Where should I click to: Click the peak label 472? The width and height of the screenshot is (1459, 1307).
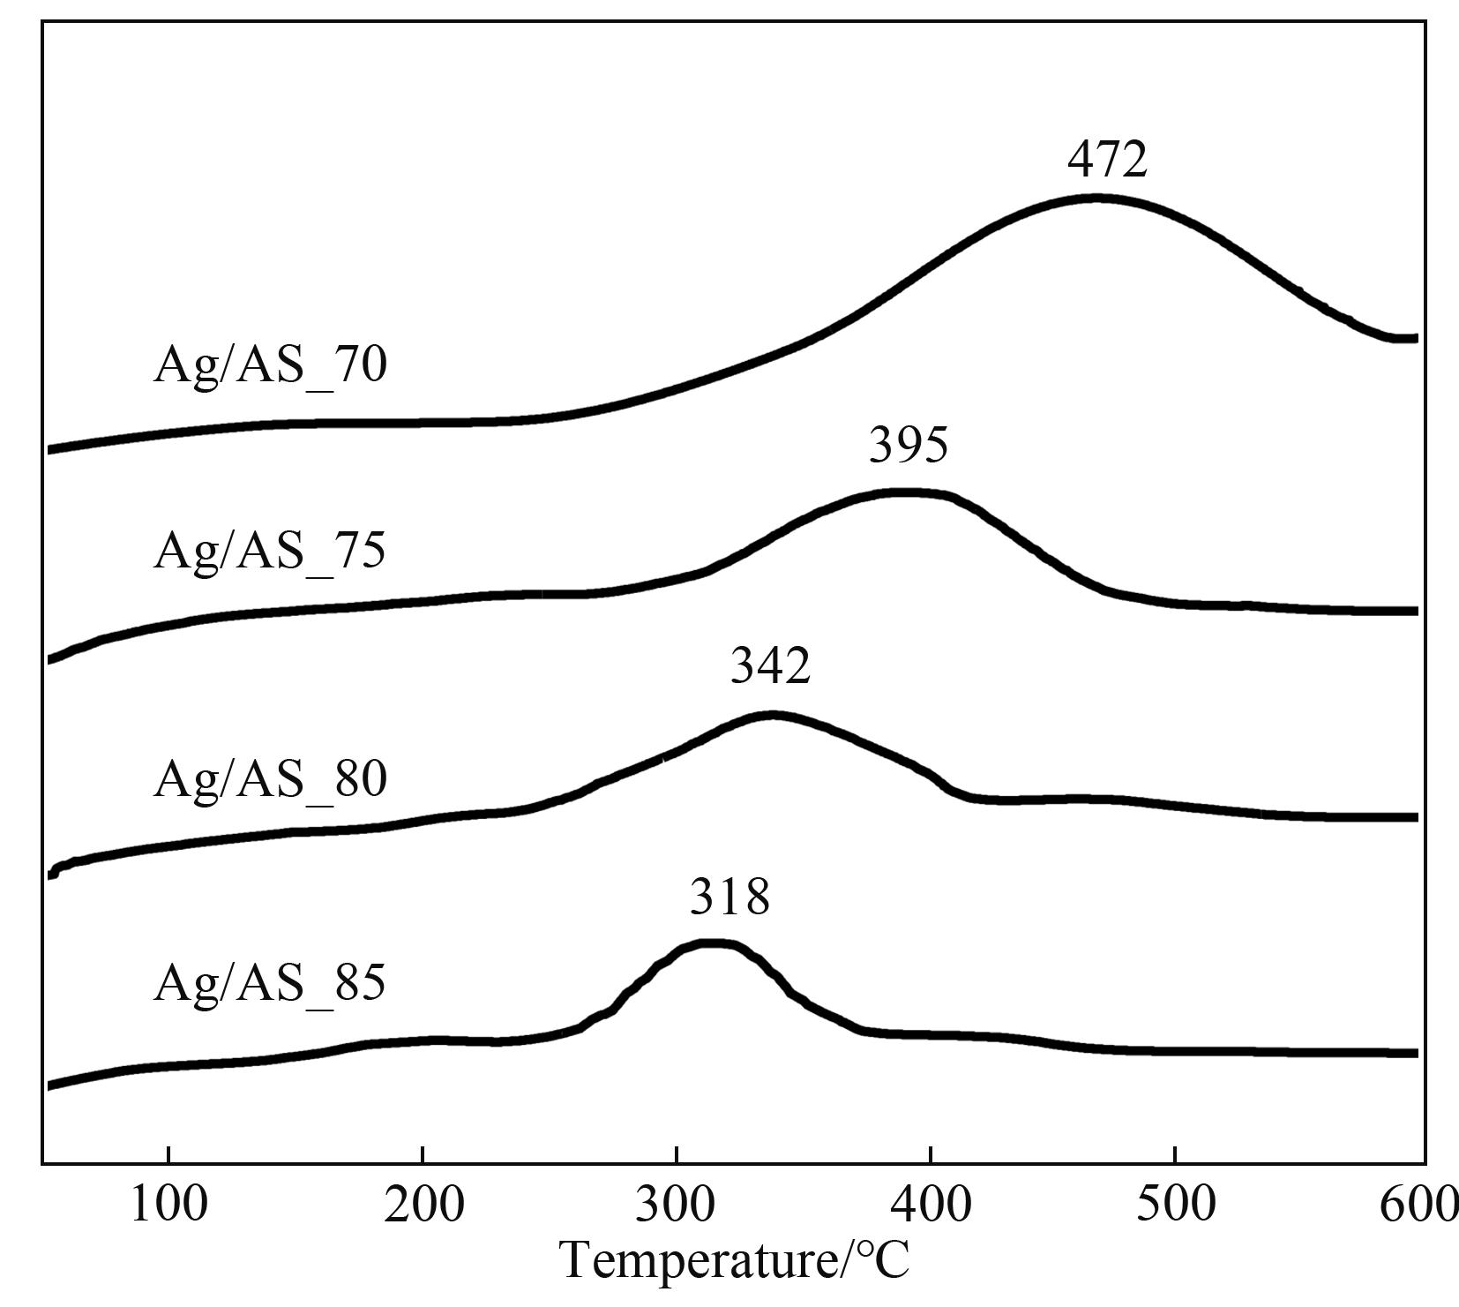pyautogui.click(x=1107, y=160)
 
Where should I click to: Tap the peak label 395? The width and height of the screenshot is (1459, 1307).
pyautogui.click(x=909, y=445)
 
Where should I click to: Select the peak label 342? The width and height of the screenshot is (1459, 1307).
pyautogui.click(x=770, y=666)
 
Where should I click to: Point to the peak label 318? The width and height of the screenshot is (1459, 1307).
pyautogui.click(x=729, y=898)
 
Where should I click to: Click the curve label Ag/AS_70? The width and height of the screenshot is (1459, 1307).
pyautogui.click(x=270, y=364)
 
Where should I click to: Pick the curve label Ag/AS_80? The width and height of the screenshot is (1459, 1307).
pyautogui.click(x=270, y=780)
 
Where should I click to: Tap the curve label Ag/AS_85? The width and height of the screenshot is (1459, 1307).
pyautogui.click(x=270, y=984)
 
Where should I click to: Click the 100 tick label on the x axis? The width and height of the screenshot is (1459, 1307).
pyautogui.click(x=168, y=1205)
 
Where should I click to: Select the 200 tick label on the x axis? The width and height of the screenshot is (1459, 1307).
pyautogui.click(x=423, y=1205)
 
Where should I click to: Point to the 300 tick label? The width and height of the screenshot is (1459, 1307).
pyautogui.click(x=676, y=1205)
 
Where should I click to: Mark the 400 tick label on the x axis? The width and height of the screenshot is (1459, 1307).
pyautogui.click(x=930, y=1205)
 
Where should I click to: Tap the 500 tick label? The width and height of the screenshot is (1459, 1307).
pyautogui.click(x=1175, y=1205)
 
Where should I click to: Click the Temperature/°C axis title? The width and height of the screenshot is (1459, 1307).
pyautogui.click(x=735, y=1260)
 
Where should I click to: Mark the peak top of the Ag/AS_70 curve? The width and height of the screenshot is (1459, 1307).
pyautogui.click(x=1098, y=199)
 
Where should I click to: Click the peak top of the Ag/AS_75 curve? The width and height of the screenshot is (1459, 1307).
pyautogui.click(x=904, y=492)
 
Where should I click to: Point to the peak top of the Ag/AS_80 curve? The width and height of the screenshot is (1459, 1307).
pyautogui.click(x=773, y=715)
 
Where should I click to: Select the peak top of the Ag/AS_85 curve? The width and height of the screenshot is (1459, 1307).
pyautogui.click(x=711, y=943)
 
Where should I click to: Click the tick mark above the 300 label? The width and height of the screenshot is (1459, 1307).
pyautogui.click(x=676, y=1156)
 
